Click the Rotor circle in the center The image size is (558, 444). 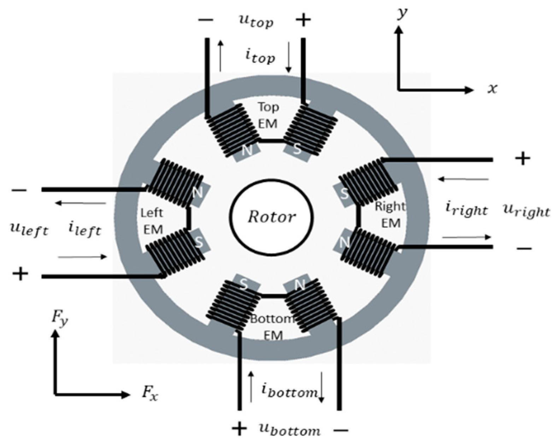[x=271, y=217]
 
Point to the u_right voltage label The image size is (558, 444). [x=526, y=211]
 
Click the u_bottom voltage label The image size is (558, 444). [x=289, y=430]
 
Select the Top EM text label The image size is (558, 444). [x=268, y=115]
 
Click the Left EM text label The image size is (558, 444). [x=152, y=221]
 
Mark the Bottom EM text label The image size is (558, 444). [x=273, y=327]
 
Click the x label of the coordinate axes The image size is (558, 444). [x=492, y=88]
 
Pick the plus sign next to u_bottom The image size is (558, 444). [x=239, y=429]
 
